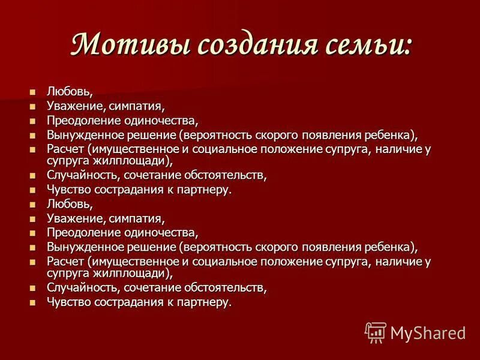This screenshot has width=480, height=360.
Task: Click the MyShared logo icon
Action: click(x=376, y=332)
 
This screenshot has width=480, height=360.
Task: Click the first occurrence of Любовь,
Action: click(x=70, y=92)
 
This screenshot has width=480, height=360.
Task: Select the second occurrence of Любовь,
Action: click(x=70, y=205)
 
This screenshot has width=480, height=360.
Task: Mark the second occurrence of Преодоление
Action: click(x=85, y=233)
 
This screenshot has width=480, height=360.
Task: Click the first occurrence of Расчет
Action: click(x=65, y=149)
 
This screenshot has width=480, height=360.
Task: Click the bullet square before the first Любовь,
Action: click(x=33, y=92)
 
